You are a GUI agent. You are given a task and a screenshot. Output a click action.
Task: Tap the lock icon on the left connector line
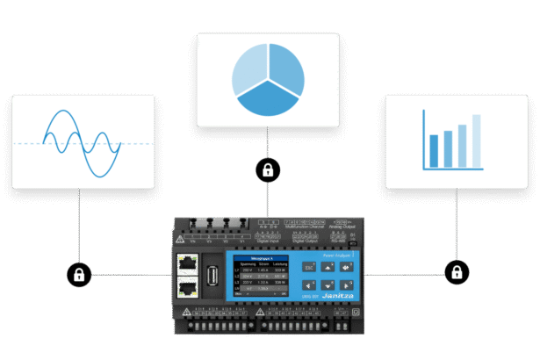coord(78,274)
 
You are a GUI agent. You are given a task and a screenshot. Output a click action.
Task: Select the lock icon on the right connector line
coord(456,271)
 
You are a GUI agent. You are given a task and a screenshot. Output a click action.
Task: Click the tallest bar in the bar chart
coord(477,140)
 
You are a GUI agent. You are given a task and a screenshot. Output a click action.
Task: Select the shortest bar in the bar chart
coord(435,152)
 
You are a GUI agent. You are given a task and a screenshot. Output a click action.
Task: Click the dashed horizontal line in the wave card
coord(26,143)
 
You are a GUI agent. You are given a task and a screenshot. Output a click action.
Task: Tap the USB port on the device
coord(210,274)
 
